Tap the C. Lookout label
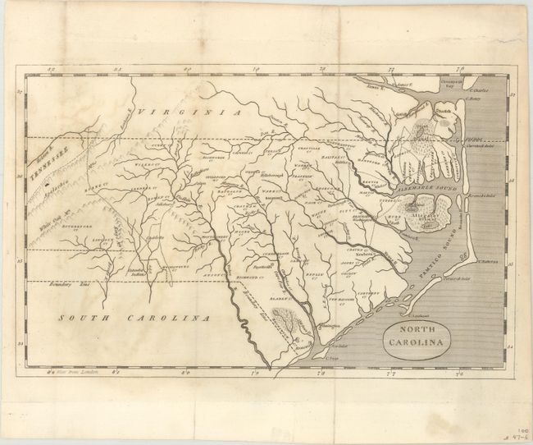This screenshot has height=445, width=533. click(415, 314)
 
